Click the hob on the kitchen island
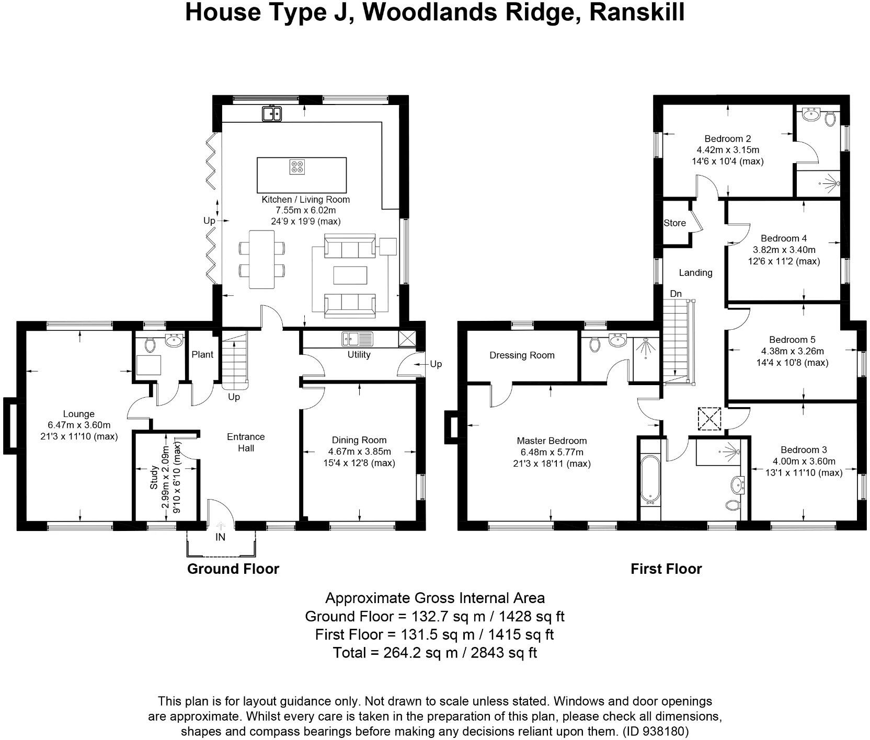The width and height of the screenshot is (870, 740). (297, 167)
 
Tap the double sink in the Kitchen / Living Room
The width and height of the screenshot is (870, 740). (272, 113)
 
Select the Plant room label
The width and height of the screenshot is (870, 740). (202, 354)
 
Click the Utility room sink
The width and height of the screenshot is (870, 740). (357, 339)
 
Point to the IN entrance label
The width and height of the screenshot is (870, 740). (221, 537)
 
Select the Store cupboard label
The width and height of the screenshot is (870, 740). (674, 223)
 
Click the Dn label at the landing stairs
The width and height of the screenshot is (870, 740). (676, 294)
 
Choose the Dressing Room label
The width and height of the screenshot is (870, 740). (522, 355)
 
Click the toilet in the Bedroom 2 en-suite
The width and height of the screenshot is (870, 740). (830, 119)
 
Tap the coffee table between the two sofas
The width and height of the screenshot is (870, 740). (350, 275)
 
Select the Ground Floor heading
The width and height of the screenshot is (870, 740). (233, 569)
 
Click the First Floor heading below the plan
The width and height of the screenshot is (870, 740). (666, 569)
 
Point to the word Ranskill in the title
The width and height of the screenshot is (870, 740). (637, 13)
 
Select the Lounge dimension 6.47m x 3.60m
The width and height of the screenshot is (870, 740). (79, 425)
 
